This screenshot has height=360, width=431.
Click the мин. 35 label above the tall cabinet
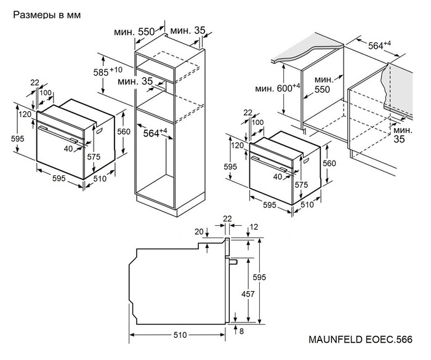tap(188, 31)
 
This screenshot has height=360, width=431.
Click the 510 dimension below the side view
tap(179, 335)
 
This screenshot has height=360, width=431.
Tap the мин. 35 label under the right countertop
tap(403, 135)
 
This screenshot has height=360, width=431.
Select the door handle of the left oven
tap(60, 131)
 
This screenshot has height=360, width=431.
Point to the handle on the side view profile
tap(235, 261)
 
